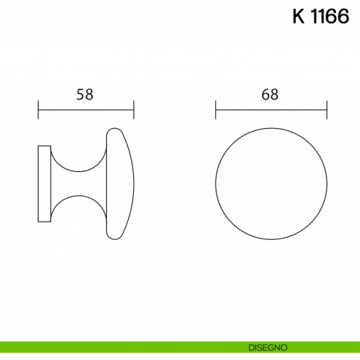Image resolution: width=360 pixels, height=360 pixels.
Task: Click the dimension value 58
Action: (x=86, y=94)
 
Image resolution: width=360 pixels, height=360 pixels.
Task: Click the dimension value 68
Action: (x=270, y=94)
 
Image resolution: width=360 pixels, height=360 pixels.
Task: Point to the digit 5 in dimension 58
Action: (x=81, y=94)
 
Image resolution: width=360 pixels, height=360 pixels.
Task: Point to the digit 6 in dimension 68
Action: (x=266, y=94)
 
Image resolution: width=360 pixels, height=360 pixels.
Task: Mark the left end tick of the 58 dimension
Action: (x=38, y=110)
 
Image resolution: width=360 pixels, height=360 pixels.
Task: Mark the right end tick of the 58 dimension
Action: (x=134, y=110)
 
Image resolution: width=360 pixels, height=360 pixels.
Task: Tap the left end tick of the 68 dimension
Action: (x=216, y=110)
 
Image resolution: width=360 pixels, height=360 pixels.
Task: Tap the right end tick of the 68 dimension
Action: (x=327, y=110)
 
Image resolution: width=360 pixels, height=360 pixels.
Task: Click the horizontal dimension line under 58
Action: (x=86, y=110)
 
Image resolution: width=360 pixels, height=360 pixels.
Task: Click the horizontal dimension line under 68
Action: (x=271, y=110)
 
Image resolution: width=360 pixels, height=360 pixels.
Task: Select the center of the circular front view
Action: (x=271, y=184)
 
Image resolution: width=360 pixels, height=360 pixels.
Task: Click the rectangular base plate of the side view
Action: (x=45, y=184)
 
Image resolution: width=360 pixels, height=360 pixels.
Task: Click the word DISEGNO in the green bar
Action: (x=268, y=346)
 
